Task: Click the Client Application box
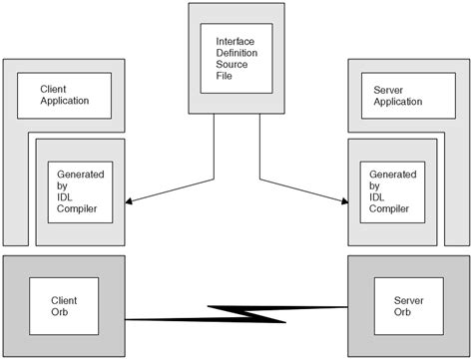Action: click(66, 95)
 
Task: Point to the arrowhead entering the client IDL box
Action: click(133, 203)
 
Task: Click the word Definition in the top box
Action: click(235, 53)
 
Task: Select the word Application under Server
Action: click(393, 101)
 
